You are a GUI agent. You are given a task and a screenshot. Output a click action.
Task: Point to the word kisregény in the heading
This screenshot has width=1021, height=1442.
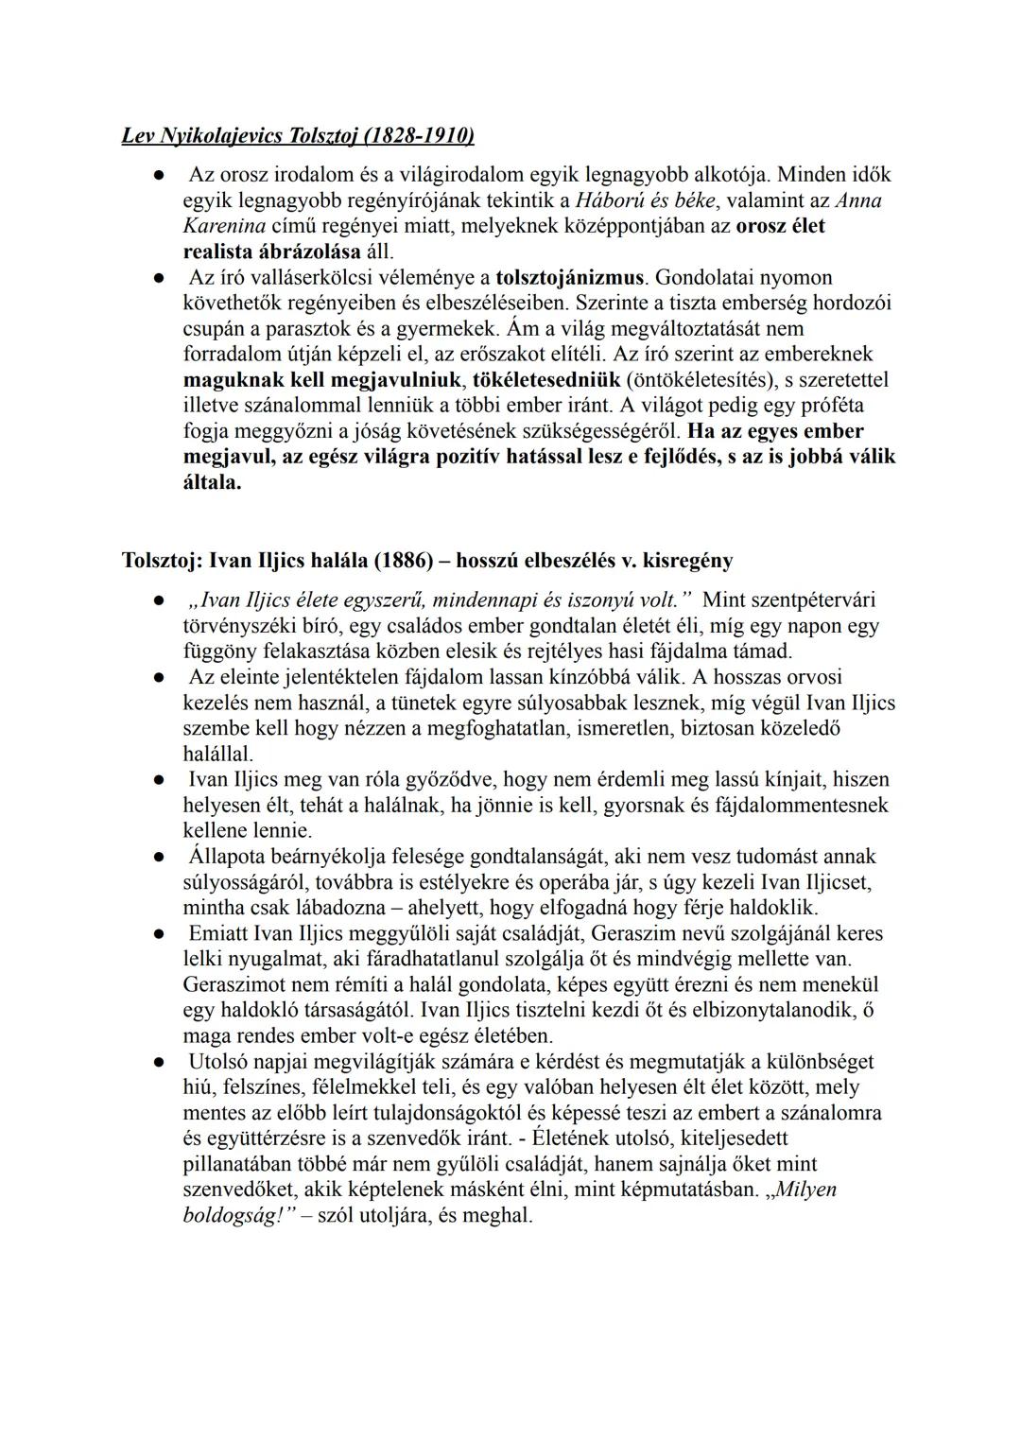pos(687,560)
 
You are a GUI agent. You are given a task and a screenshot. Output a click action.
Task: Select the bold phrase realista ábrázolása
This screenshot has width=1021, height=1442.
pos(271,252)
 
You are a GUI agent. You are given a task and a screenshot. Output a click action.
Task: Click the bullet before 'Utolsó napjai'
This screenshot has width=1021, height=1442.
pos(160,1062)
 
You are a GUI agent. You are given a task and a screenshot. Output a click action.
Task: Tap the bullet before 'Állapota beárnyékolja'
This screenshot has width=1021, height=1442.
pos(160,857)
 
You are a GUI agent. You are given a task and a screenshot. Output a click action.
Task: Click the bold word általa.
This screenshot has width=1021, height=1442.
pos(212,482)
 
